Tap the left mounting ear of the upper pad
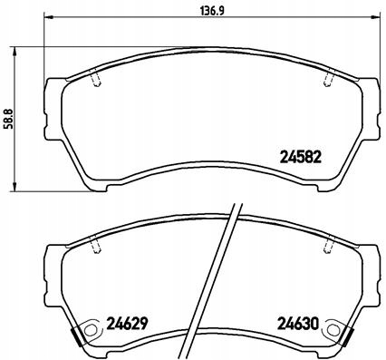(x=53, y=99)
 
